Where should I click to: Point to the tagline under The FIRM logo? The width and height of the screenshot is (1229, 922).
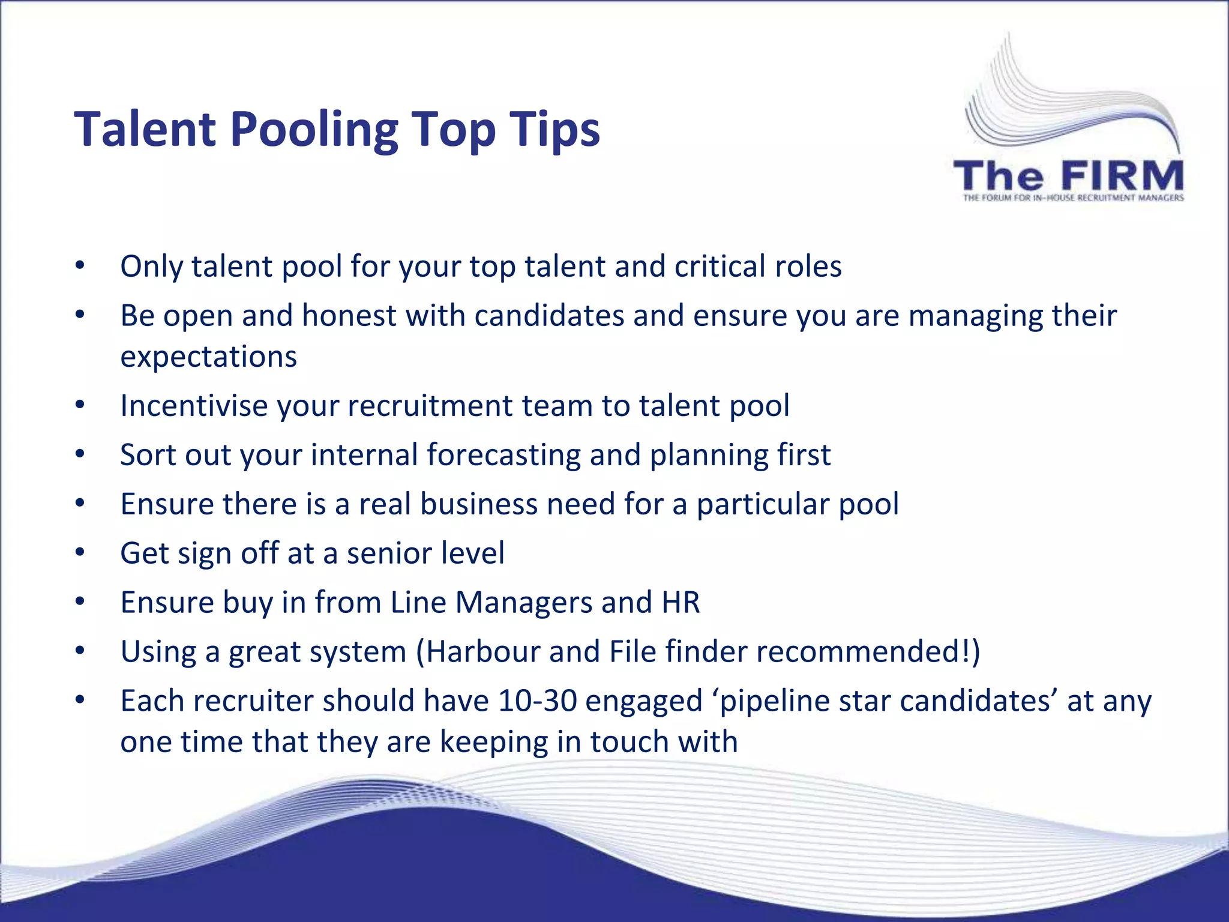tap(1073, 197)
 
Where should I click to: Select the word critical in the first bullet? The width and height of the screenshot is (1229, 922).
tap(720, 266)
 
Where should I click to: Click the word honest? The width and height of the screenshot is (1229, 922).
tap(349, 315)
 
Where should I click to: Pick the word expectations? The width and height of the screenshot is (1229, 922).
tap(208, 356)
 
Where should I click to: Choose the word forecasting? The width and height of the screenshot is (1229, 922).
tap(503, 454)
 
